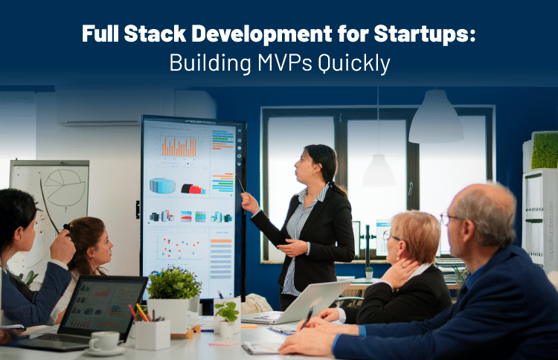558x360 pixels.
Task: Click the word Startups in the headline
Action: click(x=425, y=34)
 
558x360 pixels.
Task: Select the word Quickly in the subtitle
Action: click(x=354, y=64)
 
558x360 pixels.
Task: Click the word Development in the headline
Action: click(x=262, y=34)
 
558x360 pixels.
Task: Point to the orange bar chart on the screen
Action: click(x=179, y=147)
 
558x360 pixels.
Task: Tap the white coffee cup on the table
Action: click(x=104, y=341)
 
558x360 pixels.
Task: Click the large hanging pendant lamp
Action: click(x=435, y=117)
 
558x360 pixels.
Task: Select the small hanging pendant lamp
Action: click(x=379, y=171)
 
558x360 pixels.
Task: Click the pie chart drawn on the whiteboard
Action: click(x=65, y=187)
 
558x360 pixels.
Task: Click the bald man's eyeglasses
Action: click(x=449, y=219)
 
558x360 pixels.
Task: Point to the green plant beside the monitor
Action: click(x=173, y=283)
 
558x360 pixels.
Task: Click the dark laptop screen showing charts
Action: click(x=102, y=304)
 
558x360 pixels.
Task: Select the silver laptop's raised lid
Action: click(x=313, y=300)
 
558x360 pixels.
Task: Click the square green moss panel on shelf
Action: click(x=545, y=150)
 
